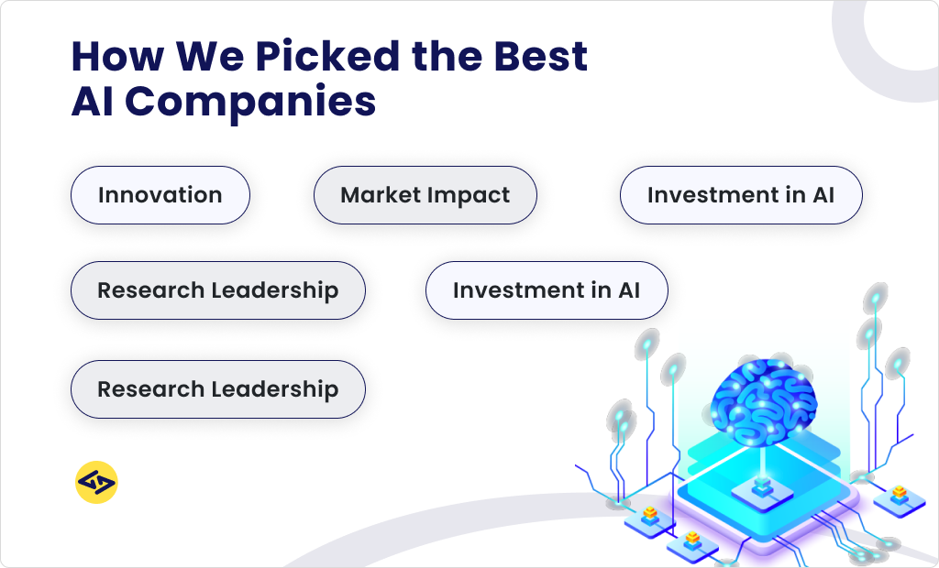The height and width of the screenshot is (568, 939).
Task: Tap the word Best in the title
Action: (540, 57)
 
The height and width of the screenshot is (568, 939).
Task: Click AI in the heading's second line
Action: (93, 101)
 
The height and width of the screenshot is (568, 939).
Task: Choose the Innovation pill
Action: (160, 195)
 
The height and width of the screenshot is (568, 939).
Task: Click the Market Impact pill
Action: (425, 195)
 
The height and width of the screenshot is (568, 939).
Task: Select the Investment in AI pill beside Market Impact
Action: (740, 195)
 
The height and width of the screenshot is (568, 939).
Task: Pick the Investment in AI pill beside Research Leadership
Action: (546, 290)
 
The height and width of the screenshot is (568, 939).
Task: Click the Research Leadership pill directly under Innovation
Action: (217, 290)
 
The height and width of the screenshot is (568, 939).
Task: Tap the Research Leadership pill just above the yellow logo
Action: (217, 389)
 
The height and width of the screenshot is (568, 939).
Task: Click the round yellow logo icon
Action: (96, 483)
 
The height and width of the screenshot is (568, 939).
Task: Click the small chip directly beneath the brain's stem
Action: (761, 490)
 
